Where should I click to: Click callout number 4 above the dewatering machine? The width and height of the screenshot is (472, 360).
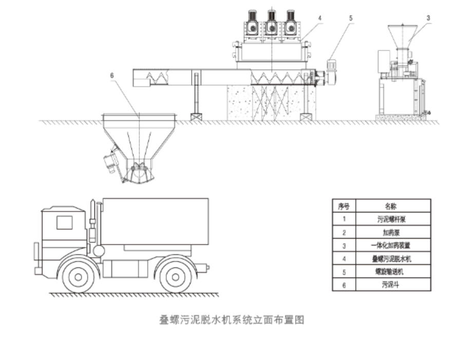pos(319,17)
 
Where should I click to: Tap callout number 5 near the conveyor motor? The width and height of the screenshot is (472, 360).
pos(351,17)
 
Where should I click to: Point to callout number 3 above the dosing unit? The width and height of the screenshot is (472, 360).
pos(428,17)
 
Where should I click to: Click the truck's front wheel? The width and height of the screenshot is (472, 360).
pos(78,276)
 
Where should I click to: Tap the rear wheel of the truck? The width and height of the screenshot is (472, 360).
pos(176,276)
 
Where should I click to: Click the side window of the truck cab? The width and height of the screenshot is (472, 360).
pos(65,222)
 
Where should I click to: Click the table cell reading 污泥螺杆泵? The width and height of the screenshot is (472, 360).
pos(393,219)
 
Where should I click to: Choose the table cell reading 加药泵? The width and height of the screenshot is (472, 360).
pos(393,233)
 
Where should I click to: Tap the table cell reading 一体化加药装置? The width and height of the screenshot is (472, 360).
pos(393,245)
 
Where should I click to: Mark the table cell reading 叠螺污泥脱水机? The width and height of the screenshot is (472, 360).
pos(393,259)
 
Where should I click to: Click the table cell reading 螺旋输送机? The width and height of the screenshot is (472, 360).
pos(393,272)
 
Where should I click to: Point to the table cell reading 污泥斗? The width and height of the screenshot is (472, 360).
pos(393,285)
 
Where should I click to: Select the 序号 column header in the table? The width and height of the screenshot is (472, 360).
pos(344,206)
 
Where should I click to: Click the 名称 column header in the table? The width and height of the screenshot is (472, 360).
pos(393,206)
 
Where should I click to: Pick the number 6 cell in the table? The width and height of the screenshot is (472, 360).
pos(344,285)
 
